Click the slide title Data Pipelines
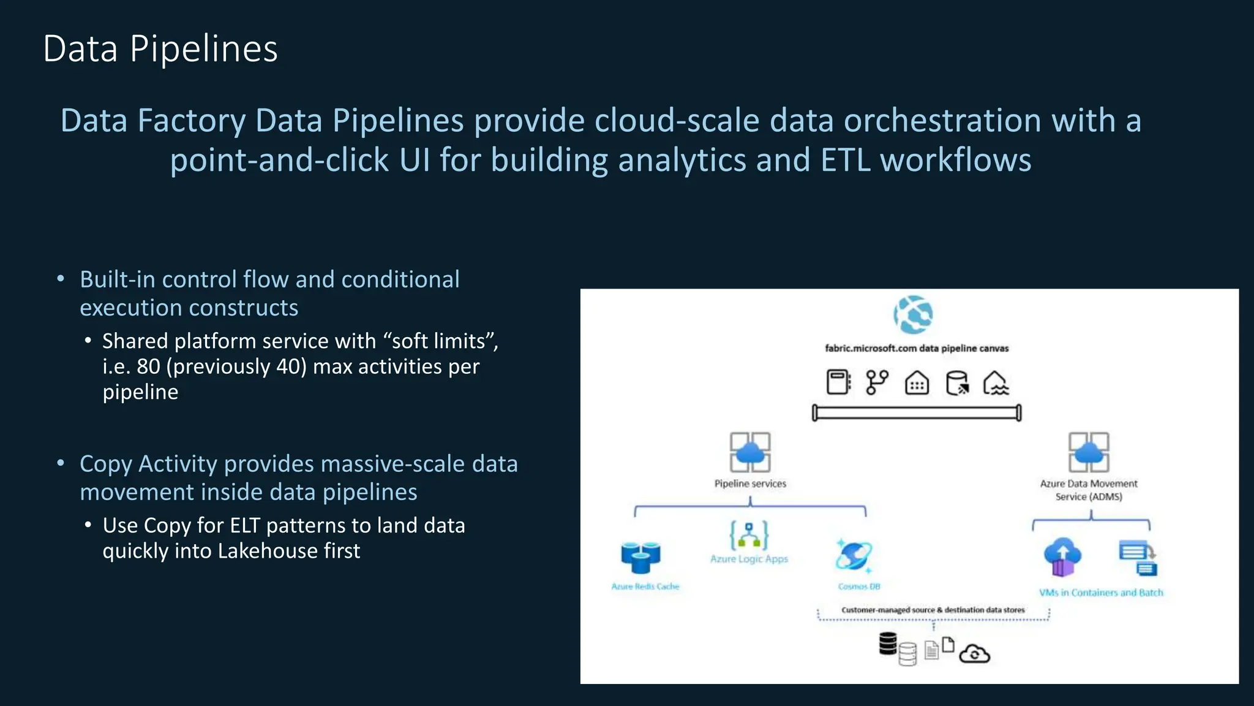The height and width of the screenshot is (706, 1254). pyautogui.click(x=160, y=49)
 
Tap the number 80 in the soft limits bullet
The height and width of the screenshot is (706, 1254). pyautogui.click(x=148, y=366)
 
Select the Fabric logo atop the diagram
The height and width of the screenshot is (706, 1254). pyautogui.click(x=913, y=314)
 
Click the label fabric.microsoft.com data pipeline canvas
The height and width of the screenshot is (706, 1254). pyautogui.click(x=917, y=348)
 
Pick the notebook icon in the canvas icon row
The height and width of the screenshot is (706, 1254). pyautogui.click(x=838, y=382)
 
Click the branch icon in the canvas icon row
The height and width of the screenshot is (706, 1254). pyautogui.click(x=877, y=382)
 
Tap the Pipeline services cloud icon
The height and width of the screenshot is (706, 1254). pyautogui.click(x=750, y=452)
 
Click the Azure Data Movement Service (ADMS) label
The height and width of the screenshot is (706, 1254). pyautogui.click(x=1089, y=490)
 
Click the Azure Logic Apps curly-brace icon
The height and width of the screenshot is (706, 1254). pyautogui.click(x=749, y=535)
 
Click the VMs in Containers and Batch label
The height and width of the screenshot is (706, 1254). pyautogui.click(x=1101, y=593)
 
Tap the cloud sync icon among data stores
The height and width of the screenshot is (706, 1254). pyautogui.click(x=974, y=654)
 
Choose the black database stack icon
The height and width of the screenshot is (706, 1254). pyautogui.click(x=888, y=643)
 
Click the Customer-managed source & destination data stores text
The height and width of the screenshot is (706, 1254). pyautogui.click(x=933, y=610)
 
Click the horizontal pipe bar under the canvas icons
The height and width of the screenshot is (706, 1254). pyautogui.click(x=917, y=413)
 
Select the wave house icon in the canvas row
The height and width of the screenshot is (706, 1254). pyautogui.click(x=996, y=383)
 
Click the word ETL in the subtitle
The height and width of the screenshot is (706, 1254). pyautogui.click(x=846, y=160)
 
